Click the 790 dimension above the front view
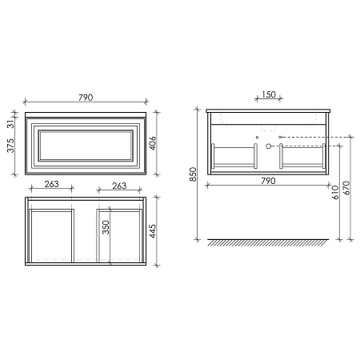tap(86, 98)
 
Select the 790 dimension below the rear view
tap(268, 181)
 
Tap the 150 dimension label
tap(269, 94)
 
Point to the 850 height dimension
tap(193, 174)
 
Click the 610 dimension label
tap(335, 192)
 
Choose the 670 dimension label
tap(346, 188)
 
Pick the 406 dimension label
tap(153, 143)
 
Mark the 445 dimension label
tap(153, 231)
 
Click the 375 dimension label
tap(10, 146)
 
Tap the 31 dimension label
tap(10, 124)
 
